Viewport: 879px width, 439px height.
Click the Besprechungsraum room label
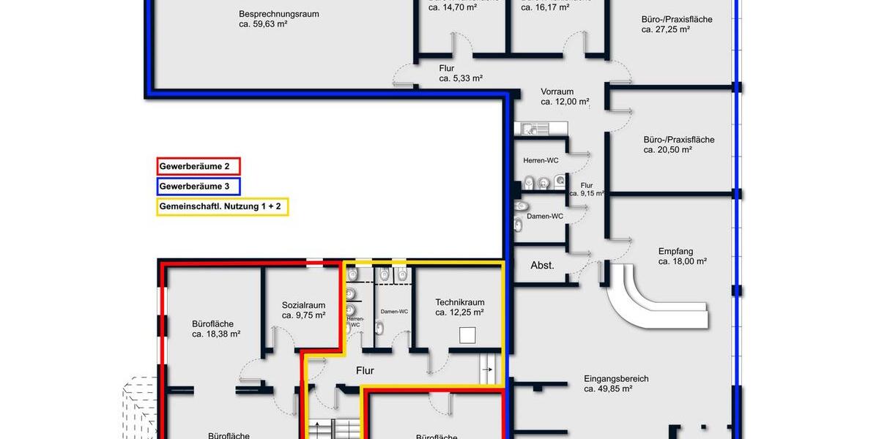pos(278,14)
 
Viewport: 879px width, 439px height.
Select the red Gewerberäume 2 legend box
pos(199,167)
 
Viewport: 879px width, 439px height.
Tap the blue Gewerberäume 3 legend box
pos(199,187)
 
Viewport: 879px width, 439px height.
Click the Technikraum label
pos(459,302)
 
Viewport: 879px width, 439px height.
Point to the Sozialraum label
pos(303,306)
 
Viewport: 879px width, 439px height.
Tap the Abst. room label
pos(542,266)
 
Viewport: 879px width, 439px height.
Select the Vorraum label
pos(557,91)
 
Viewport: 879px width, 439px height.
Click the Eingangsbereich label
pos(616,379)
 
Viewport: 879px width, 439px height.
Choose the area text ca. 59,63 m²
pos(263,24)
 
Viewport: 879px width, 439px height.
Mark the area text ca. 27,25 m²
pos(666,30)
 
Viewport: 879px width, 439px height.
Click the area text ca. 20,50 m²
pos(667,150)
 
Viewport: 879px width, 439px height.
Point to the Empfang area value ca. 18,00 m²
pos(682,261)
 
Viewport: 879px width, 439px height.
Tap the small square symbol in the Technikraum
pos(467,335)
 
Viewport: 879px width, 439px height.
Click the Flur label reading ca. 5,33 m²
pos(461,78)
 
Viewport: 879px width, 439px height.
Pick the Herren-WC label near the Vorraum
pos(542,160)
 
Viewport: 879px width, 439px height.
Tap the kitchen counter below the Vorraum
pos(541,129)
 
